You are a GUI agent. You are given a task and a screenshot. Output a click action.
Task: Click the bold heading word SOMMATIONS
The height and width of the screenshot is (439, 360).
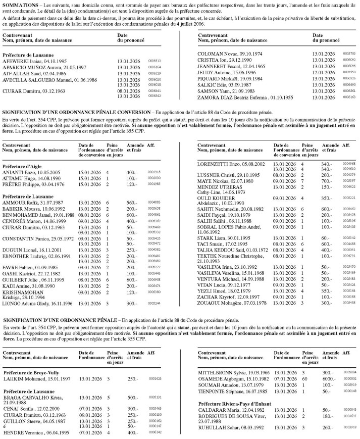(x=20, y=4)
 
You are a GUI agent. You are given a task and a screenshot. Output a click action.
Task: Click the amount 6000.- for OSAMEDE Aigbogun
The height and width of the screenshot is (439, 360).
(x=329, y=379)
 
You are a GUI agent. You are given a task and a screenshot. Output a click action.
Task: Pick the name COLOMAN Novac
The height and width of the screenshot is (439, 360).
(x=217, y=53)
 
